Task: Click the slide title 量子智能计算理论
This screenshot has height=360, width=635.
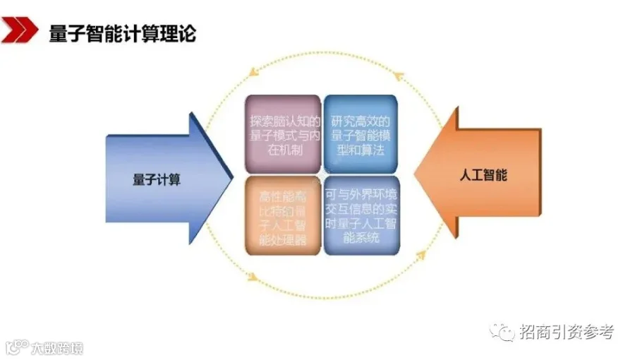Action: [x=122, y=33]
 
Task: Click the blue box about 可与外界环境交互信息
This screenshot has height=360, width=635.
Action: [x=360, y=215]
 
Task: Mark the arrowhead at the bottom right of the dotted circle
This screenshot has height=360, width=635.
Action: [x=421, y=252]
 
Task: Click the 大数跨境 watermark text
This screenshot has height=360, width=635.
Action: [x=56, y=347]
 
